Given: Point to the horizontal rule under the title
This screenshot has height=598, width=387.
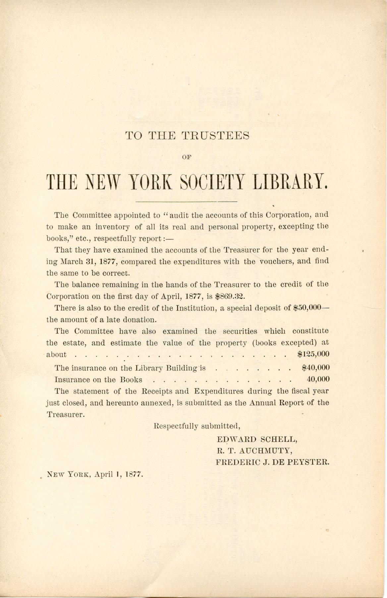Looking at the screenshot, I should point(187,201).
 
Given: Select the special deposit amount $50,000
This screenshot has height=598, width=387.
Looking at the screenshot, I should point(307,308).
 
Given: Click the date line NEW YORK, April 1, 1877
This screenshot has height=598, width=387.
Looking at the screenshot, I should point(95,474).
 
